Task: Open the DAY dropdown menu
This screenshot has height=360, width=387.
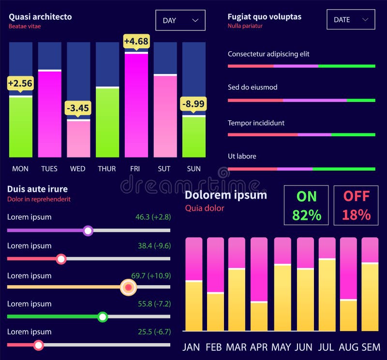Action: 180,20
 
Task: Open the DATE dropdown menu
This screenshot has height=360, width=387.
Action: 351,20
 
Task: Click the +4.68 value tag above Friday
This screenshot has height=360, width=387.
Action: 136,42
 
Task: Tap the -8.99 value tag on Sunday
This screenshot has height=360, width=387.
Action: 193,104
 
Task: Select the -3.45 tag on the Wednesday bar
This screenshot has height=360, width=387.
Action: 77,108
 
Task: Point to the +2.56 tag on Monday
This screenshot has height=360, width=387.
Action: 20,84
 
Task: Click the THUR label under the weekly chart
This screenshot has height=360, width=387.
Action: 107,169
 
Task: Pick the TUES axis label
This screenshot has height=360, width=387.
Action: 49,169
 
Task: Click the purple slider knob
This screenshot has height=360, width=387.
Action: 88,231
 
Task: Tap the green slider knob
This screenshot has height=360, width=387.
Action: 103,317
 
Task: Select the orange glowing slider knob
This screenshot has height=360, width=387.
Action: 128,287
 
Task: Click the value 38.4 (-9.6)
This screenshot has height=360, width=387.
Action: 154,246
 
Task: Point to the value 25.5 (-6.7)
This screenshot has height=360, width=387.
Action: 154,332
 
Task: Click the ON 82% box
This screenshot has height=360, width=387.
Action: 306,205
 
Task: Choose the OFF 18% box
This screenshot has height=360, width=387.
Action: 357,205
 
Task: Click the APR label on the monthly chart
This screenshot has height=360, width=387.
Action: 258,347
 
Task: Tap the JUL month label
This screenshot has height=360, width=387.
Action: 327,347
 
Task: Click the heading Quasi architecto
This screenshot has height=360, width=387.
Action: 40,17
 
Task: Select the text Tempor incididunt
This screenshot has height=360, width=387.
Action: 256,123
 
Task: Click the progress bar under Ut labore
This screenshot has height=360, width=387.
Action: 301,169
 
